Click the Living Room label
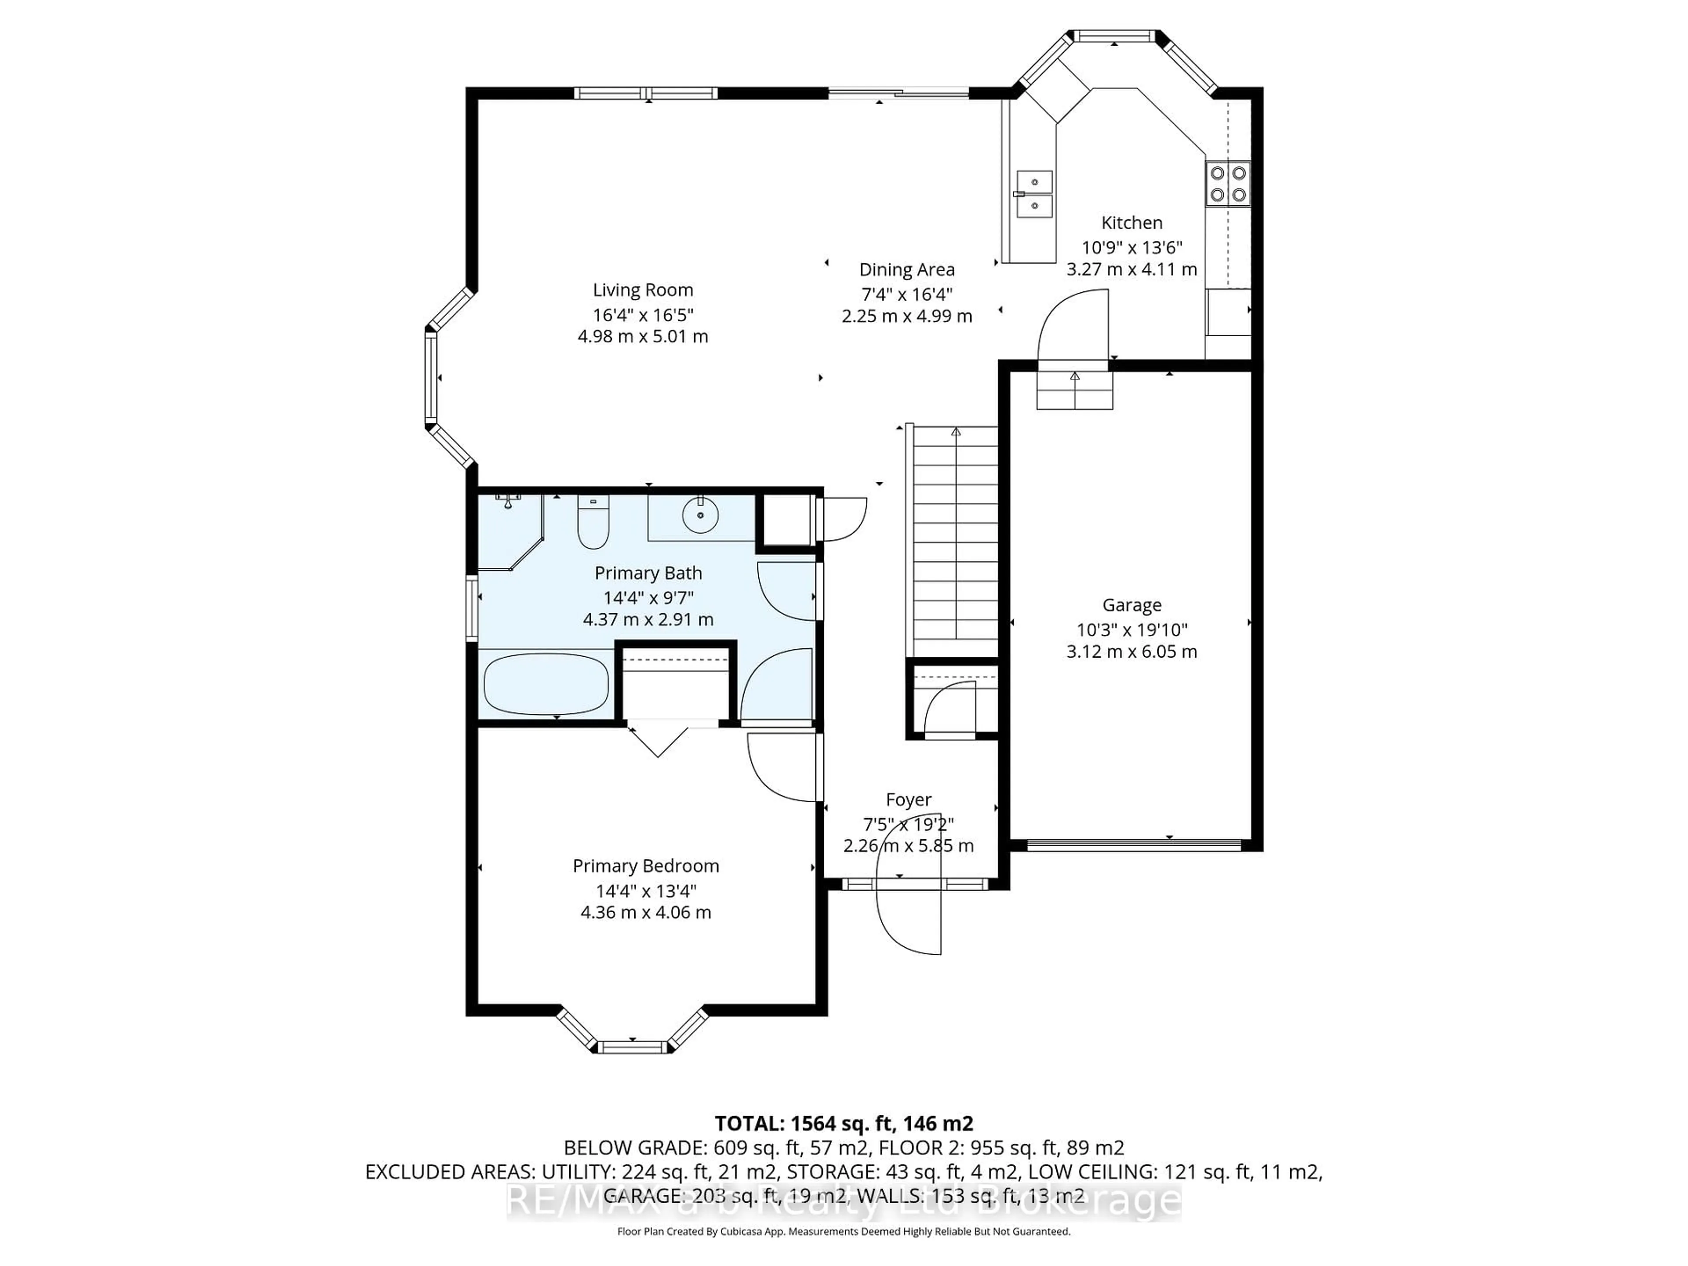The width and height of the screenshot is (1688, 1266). (643, 290)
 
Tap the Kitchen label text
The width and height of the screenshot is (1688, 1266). (1131, 223)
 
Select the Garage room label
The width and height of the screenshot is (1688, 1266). (1131, 605)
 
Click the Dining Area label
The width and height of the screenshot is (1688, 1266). (906, 269)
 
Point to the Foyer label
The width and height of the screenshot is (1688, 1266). (908, 800)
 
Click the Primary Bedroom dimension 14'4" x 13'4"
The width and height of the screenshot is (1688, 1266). (646, 891)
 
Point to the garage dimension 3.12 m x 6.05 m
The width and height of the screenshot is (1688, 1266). (1131, 652)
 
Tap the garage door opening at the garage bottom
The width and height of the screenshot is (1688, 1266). (1133, 845)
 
